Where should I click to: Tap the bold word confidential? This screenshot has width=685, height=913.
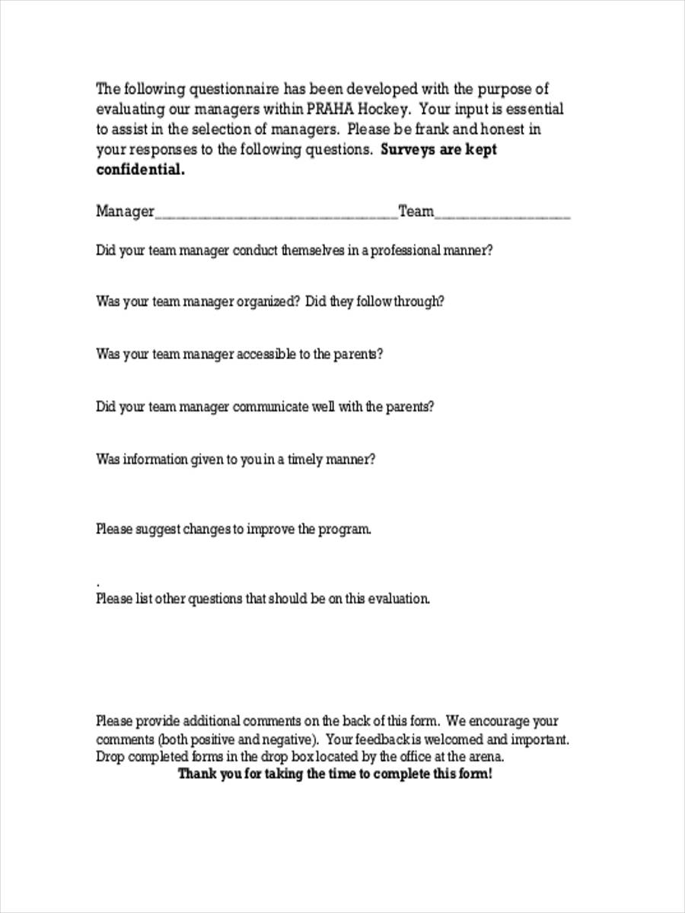[x=140, y=170]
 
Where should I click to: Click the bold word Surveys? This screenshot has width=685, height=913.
[x=407, y=150]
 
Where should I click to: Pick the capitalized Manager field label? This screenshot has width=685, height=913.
[x=125, y=212]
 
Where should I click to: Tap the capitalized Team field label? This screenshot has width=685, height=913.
[x=416, y=212]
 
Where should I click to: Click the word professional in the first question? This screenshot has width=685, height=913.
[x=404, y=250]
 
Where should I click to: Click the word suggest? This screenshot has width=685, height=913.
[x=157, y=530]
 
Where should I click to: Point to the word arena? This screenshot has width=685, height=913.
[x=486, y=757]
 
